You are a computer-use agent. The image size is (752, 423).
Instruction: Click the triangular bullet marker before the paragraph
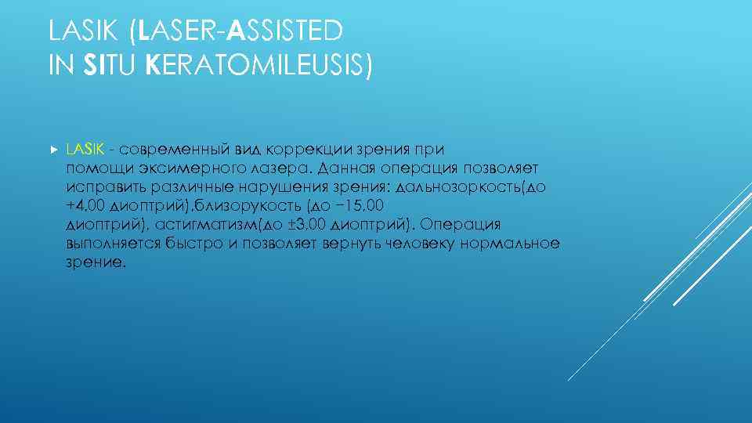click(52, 148)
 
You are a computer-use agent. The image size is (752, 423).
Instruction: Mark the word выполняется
click(113, 244)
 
